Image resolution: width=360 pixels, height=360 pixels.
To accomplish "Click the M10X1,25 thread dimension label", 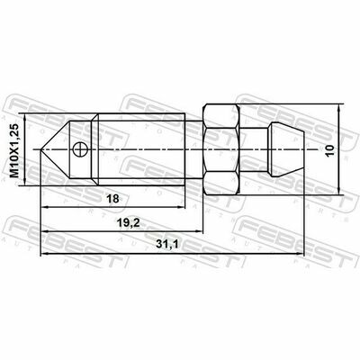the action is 14,150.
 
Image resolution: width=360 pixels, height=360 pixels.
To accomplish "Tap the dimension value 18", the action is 113,199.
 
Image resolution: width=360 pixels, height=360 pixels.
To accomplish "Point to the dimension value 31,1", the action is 167,245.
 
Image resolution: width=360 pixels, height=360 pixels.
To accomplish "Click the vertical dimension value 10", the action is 330,150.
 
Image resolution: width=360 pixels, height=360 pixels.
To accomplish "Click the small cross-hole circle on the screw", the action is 80,149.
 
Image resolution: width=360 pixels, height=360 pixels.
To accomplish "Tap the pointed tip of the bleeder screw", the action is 40,149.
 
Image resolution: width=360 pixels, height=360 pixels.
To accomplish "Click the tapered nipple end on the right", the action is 286,149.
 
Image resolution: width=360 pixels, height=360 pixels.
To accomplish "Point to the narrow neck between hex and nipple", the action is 254,149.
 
